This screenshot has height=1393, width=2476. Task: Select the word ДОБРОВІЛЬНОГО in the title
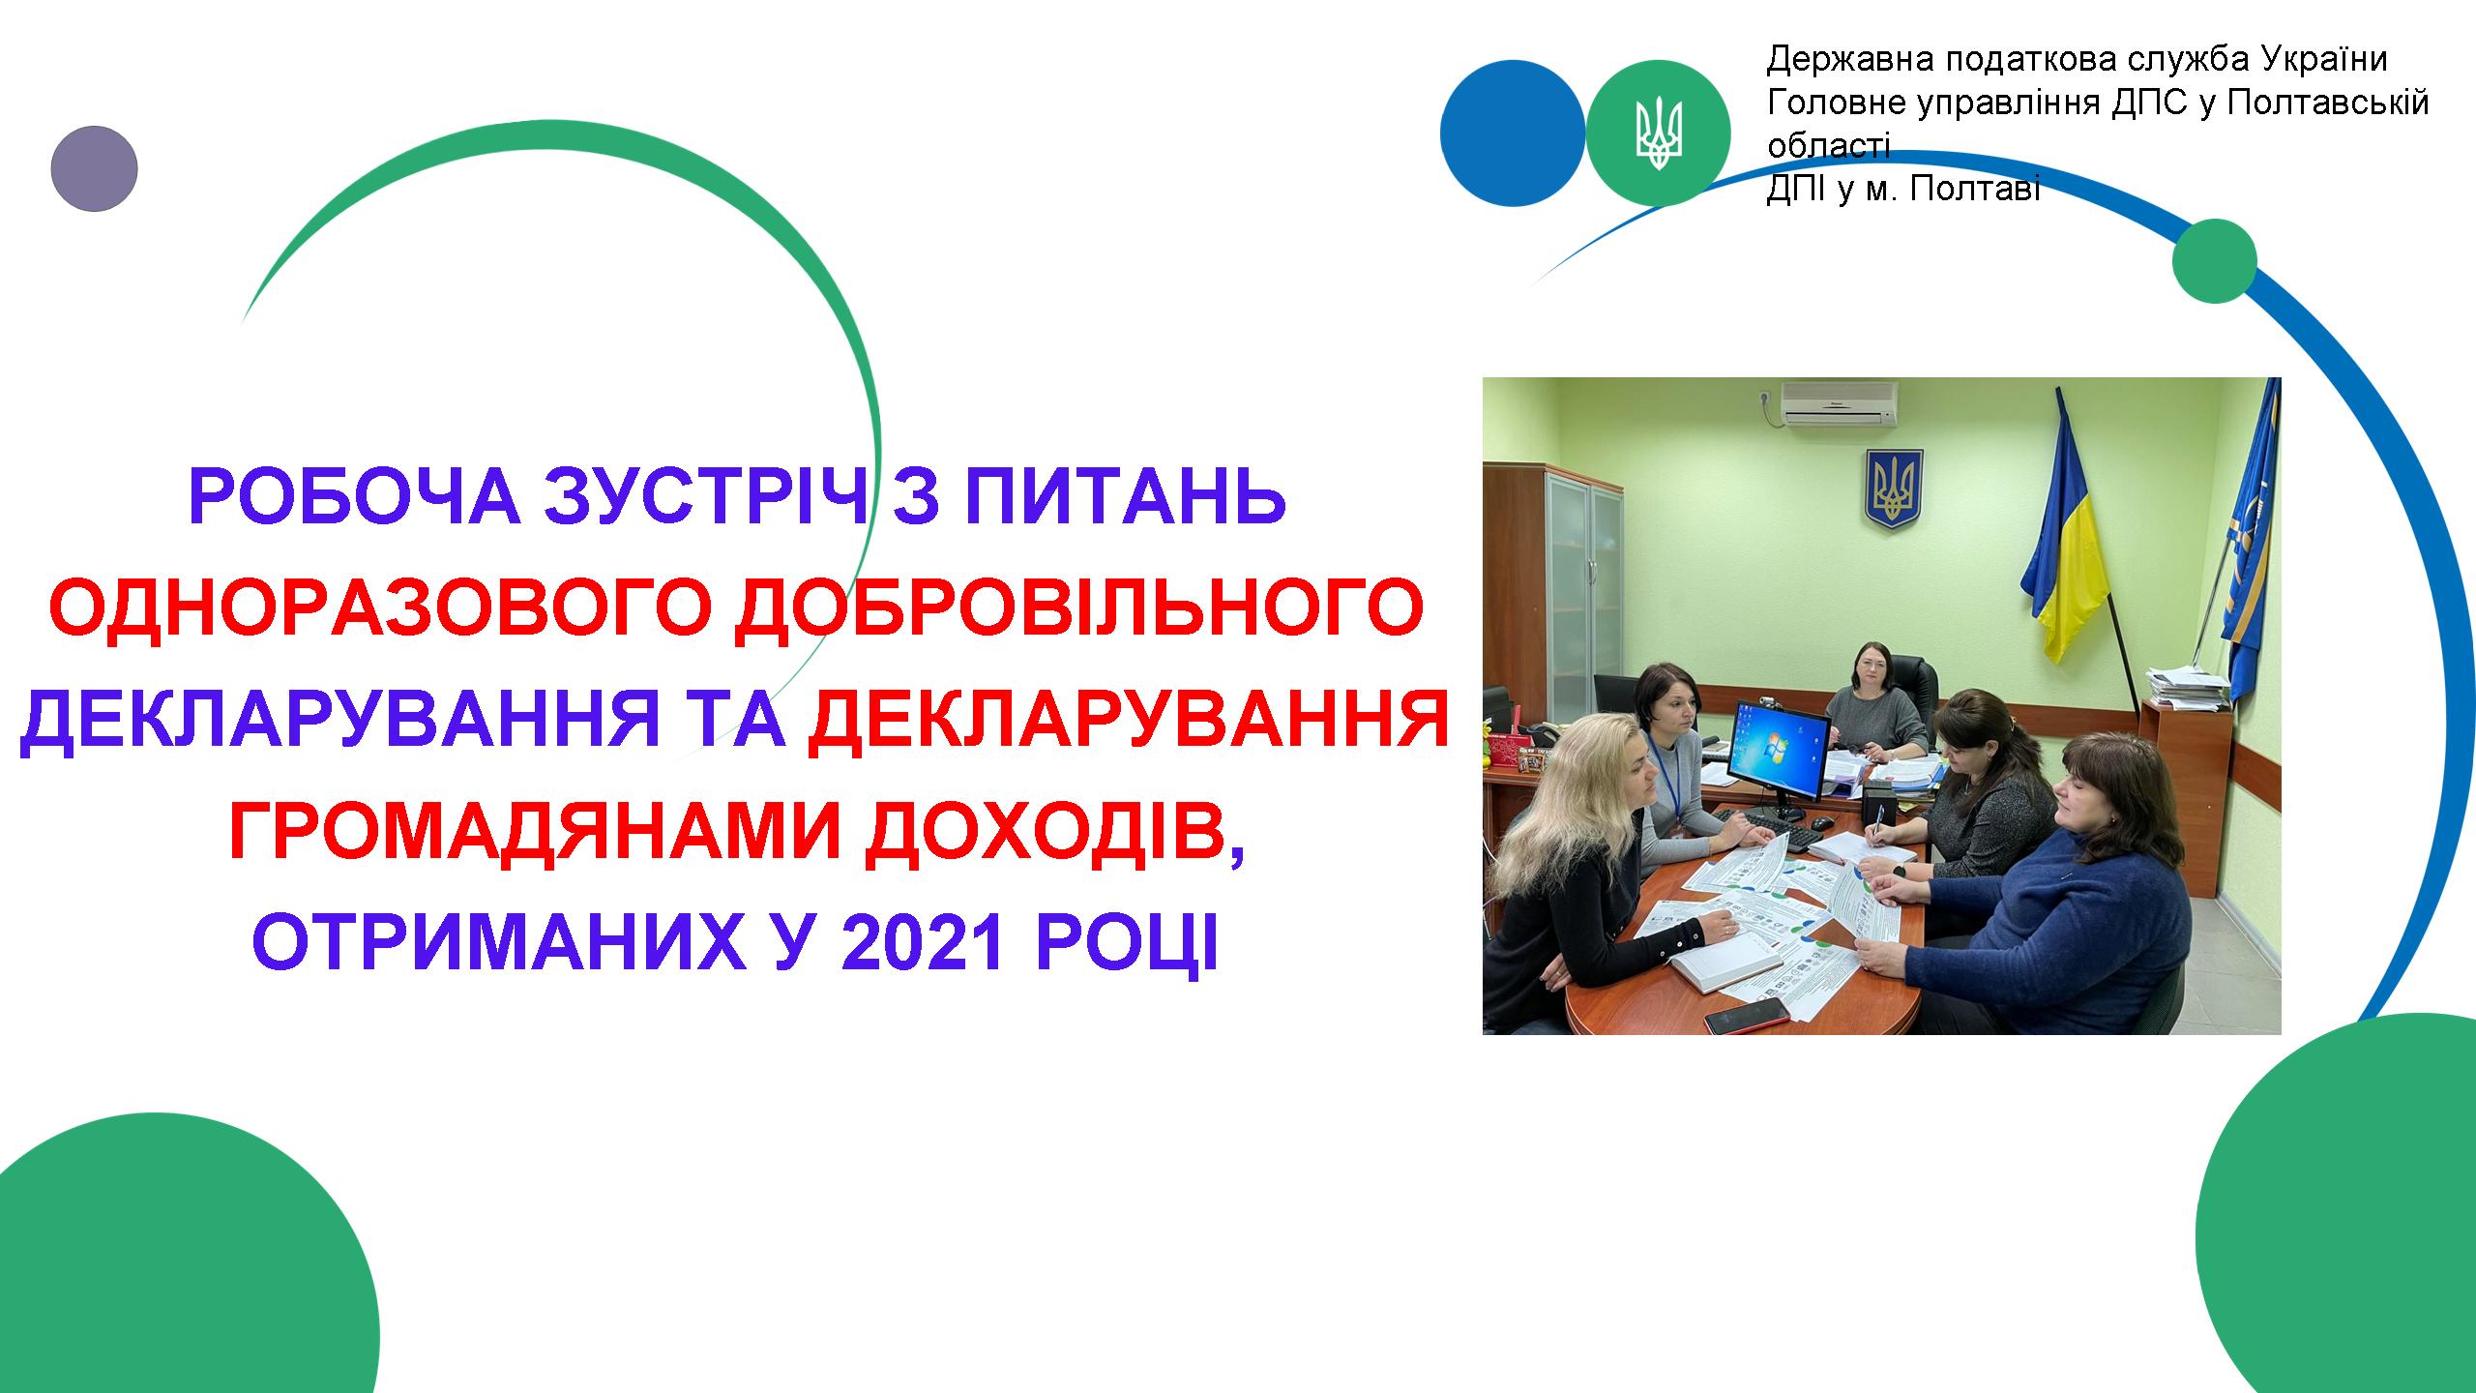(1078, 608)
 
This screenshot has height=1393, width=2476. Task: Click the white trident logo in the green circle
(1658, 133)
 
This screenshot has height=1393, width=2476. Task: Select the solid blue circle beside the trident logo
(1513, 133)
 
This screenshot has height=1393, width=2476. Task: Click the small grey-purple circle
(94, 168)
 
